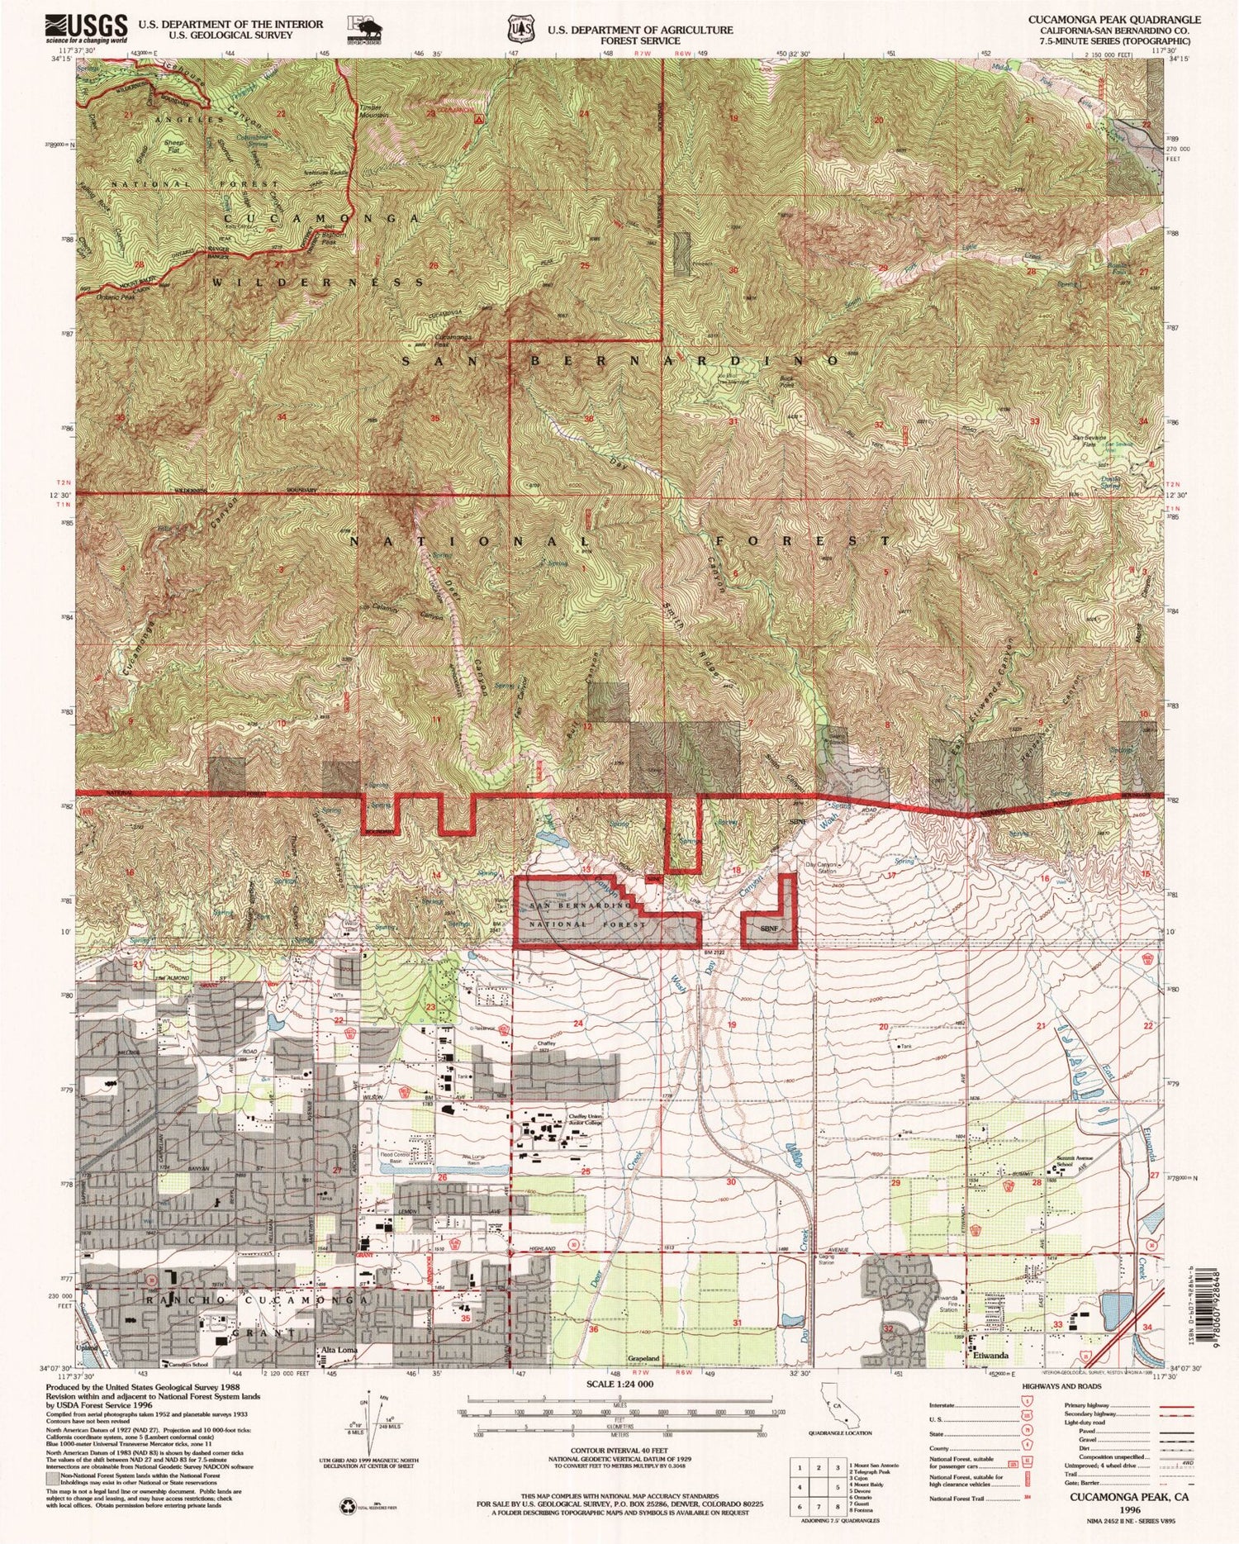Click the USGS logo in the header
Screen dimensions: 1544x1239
(87, 27)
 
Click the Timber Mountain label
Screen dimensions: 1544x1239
(373, 112)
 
